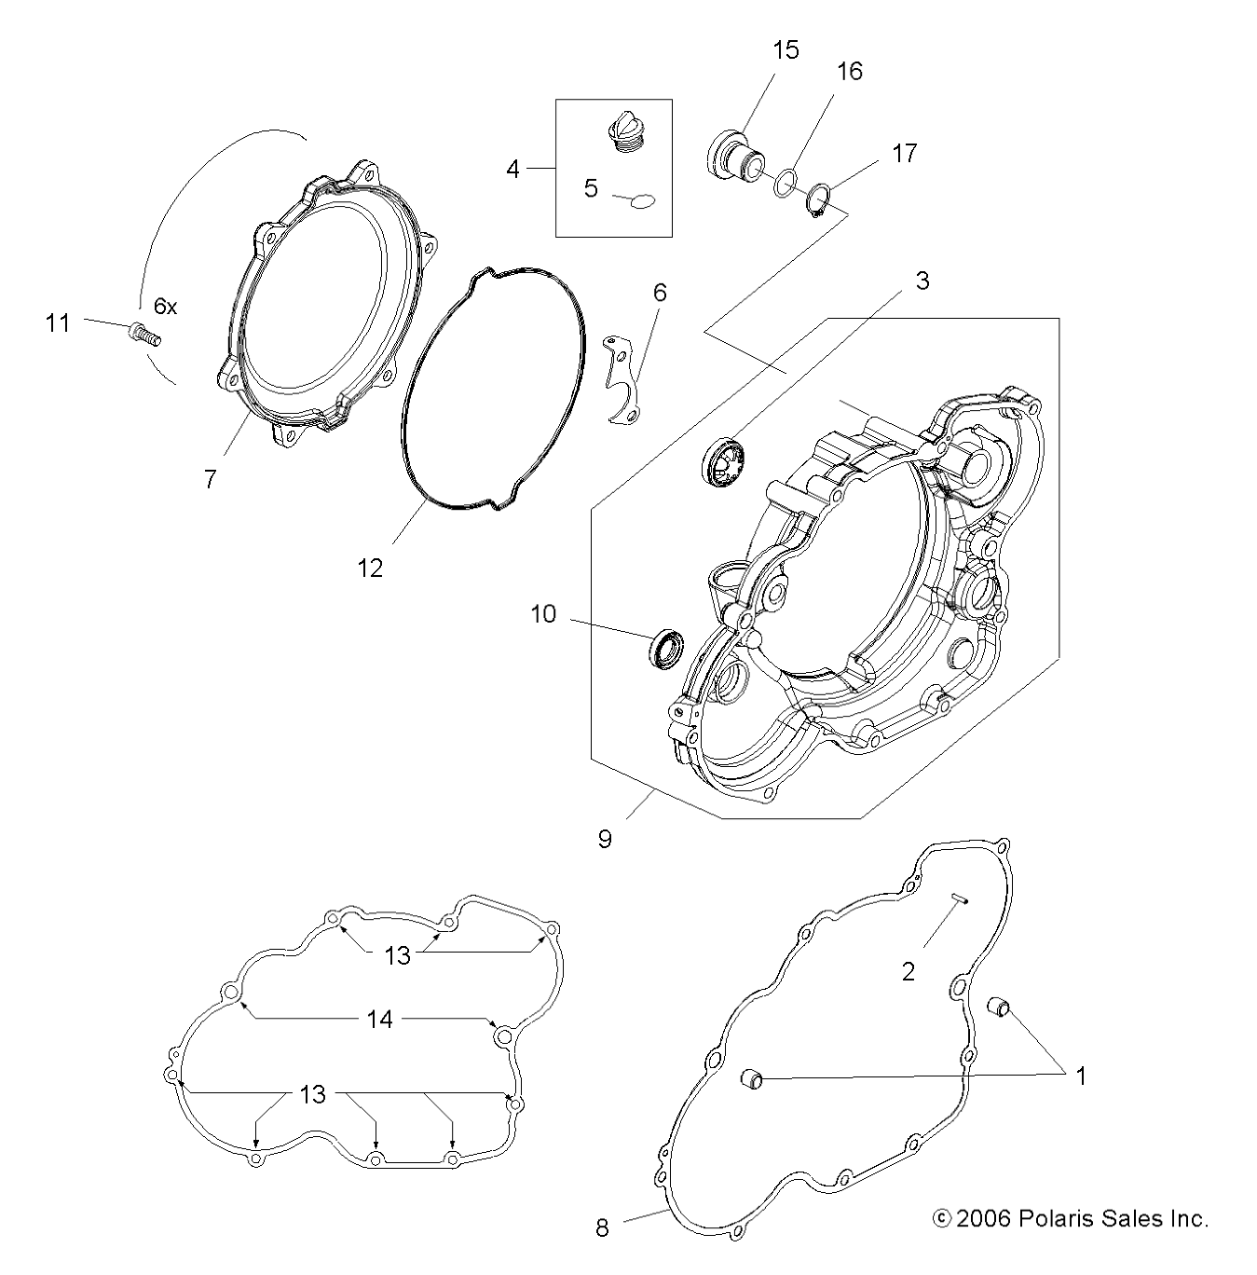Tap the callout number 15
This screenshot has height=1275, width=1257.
[786, 50]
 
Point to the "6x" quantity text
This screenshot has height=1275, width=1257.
[165, 306]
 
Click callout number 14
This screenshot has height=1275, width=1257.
[379, 1020]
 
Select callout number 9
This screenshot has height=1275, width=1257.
[605, 839]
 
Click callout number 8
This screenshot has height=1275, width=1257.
[602, 1227]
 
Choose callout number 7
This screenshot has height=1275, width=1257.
[210, 479]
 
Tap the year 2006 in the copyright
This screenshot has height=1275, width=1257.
[982, 1218]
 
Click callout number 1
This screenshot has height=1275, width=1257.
[1081, 1076]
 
